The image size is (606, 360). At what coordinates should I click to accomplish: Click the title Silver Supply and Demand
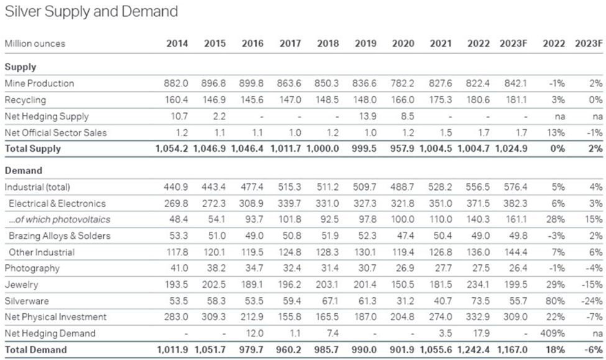coord(91,12)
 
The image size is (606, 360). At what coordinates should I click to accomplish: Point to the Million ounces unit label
coord(35,44)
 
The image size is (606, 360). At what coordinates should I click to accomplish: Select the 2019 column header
coord(365,44)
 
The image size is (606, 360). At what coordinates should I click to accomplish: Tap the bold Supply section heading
coord(21,67)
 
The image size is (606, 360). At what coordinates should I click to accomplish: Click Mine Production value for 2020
coord(402,83)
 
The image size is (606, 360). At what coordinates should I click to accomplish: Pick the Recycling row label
coord(25,100)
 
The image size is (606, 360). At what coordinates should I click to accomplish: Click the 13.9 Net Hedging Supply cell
coord(367,116)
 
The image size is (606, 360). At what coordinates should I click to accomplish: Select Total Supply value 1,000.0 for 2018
coord(323,149)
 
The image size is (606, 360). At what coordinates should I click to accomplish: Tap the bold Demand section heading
coord(23,170)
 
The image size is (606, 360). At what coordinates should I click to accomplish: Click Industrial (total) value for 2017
coord(289,187)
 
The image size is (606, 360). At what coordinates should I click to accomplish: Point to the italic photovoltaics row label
coord(60,219)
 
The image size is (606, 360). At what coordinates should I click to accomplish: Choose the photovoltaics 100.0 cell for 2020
coord(402,219)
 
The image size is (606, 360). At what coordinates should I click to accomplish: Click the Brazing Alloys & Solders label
coord(60,236)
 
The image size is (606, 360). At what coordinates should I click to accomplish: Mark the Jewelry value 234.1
coord(478,285)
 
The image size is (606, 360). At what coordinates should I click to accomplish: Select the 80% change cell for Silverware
coord(556,301)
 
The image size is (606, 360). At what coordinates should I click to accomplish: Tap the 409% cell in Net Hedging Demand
coord(553,333)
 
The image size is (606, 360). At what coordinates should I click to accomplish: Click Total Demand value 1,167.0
coord(511,350)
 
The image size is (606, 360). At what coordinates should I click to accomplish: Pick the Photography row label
coord(32,269)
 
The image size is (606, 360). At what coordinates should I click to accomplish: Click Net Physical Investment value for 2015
coord(213,317)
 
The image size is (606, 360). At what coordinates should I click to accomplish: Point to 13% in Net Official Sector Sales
coord(556,132)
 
